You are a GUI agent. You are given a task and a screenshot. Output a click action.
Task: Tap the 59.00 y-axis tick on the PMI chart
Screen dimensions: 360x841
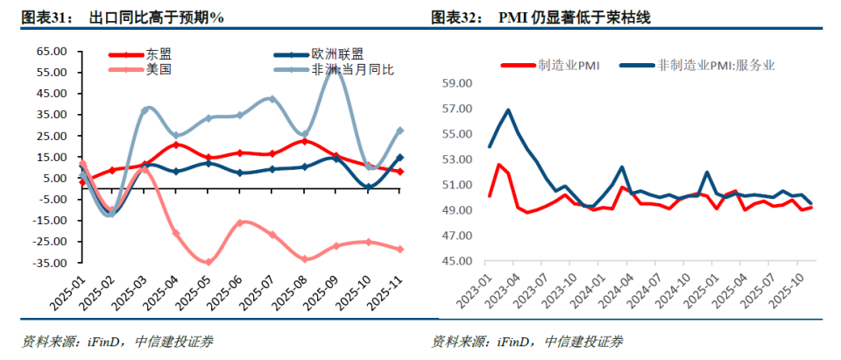[x=457, y=84]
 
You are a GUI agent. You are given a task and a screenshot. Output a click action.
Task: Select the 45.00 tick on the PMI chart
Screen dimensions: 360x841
[x=457, y=262]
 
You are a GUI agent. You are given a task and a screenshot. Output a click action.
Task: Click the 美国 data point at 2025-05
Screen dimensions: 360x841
[x=208, y=262]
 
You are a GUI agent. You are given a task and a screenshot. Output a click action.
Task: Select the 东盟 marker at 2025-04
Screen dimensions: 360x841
[x=177, y=145]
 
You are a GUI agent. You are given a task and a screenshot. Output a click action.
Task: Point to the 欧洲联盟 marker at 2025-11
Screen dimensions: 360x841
[x=400, y=158]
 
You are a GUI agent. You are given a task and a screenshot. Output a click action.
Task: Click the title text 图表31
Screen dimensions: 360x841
[x=42, y=18]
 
